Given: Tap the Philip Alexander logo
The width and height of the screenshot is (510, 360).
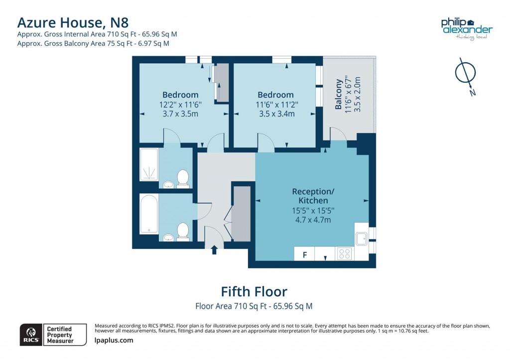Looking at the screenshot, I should click(x=466, y=28).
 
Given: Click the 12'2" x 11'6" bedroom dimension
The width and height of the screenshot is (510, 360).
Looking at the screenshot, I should click(x=180, y=105).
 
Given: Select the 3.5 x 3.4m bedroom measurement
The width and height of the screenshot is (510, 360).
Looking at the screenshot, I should click(x=275, y=114).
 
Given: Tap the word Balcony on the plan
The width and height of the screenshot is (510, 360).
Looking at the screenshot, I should click(x=339, y=95).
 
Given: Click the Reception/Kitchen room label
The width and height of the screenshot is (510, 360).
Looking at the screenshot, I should click(x=312, y=196).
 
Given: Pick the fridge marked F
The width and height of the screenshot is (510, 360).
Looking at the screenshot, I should click(x=304, y=254).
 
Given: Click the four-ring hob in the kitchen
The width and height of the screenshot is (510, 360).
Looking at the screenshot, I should click(x=344, y=253).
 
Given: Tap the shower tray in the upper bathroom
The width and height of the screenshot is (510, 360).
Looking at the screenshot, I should click(x=149, y=165).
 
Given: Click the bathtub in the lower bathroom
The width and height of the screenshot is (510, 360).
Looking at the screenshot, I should click(x=149, y=214).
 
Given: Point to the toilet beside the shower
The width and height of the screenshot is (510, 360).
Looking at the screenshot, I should click(x=183, y=178).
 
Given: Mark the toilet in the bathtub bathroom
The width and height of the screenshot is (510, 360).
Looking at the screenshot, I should click(x=183, y=232).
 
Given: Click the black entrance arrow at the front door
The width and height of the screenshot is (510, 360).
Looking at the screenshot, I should click(x=214, y=249).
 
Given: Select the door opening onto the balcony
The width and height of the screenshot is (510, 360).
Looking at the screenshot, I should click(x=339, y=134).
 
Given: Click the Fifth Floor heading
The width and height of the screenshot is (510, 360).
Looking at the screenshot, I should click(x=254, y=291).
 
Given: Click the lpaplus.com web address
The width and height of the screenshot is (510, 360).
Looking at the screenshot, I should click(x=114, y=341).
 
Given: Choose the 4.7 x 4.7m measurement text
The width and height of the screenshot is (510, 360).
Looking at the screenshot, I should click(x=312, y=220).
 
